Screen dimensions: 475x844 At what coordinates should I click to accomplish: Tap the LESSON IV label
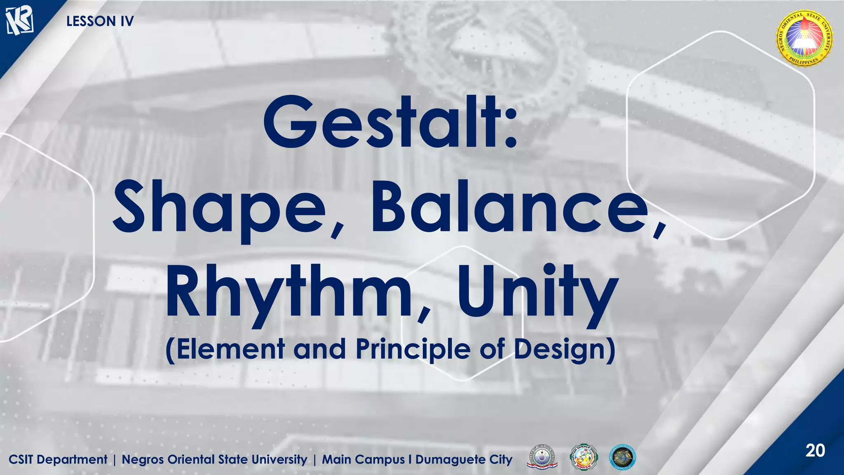[x=100, y=21]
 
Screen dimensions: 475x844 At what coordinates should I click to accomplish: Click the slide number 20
[x=815, y=450]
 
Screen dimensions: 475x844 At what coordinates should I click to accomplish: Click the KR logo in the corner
[x=19, y=21]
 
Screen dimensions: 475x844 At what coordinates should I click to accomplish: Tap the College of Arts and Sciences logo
[x=542, y=458]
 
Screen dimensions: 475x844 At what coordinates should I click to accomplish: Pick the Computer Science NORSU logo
[x=583, y=458]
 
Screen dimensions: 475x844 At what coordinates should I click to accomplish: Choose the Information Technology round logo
[x=622, y=458]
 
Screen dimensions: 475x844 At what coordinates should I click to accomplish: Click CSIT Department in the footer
[x=58, y=459]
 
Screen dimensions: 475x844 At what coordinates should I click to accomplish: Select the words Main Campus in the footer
[x=363, y=459]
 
